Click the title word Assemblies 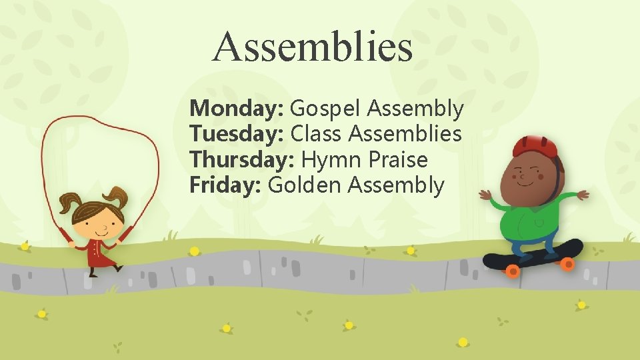[x=313, y=47]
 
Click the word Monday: [x=237, y=108]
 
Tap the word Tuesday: [x=237, y=134]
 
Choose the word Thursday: [x=243, y=160]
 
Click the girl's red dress [x=98, y=255]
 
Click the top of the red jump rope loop [x=100, y=118]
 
